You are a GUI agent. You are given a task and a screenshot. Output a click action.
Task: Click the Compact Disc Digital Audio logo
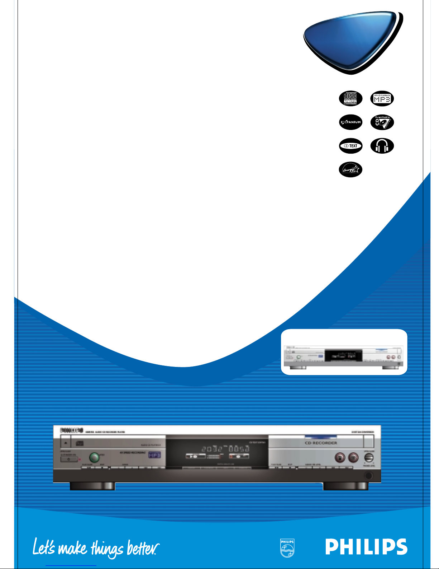pos(350,98)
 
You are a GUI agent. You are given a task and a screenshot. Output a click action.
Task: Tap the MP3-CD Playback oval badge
pos(382,98)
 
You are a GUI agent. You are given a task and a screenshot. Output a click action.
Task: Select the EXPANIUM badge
pos(350,122)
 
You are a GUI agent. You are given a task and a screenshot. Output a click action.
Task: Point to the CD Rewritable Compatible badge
pos(382,122)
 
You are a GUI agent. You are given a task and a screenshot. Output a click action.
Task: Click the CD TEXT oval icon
pos(350,146)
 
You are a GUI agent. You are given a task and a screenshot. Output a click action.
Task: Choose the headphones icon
pos(382,146)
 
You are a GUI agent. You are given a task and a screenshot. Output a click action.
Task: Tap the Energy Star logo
pos(350,169)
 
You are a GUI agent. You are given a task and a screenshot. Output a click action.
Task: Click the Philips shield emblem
pos(287,548)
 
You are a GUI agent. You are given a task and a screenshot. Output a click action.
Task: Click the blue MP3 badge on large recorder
pos(154,455)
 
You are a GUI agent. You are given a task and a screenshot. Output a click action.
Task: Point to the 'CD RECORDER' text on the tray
pos(321,443)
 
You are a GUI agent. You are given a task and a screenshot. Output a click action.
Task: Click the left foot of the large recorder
pos(92,486)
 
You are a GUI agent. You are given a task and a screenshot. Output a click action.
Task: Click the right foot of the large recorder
pos(345,486)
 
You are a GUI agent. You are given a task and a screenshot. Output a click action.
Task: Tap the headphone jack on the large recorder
pos(368,476)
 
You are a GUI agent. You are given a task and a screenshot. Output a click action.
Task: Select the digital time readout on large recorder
pos(225,449)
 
